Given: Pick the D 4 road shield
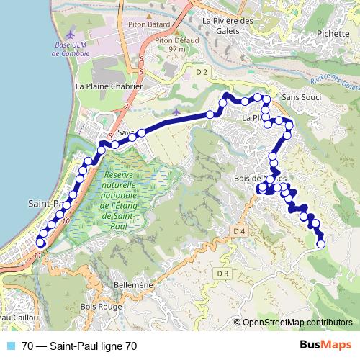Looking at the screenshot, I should click(239, 230).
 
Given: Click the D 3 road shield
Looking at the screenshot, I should click(221, 274).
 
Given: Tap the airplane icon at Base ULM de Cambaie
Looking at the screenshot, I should click(70, 34).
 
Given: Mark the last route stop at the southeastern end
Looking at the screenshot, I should click(320, 244).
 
